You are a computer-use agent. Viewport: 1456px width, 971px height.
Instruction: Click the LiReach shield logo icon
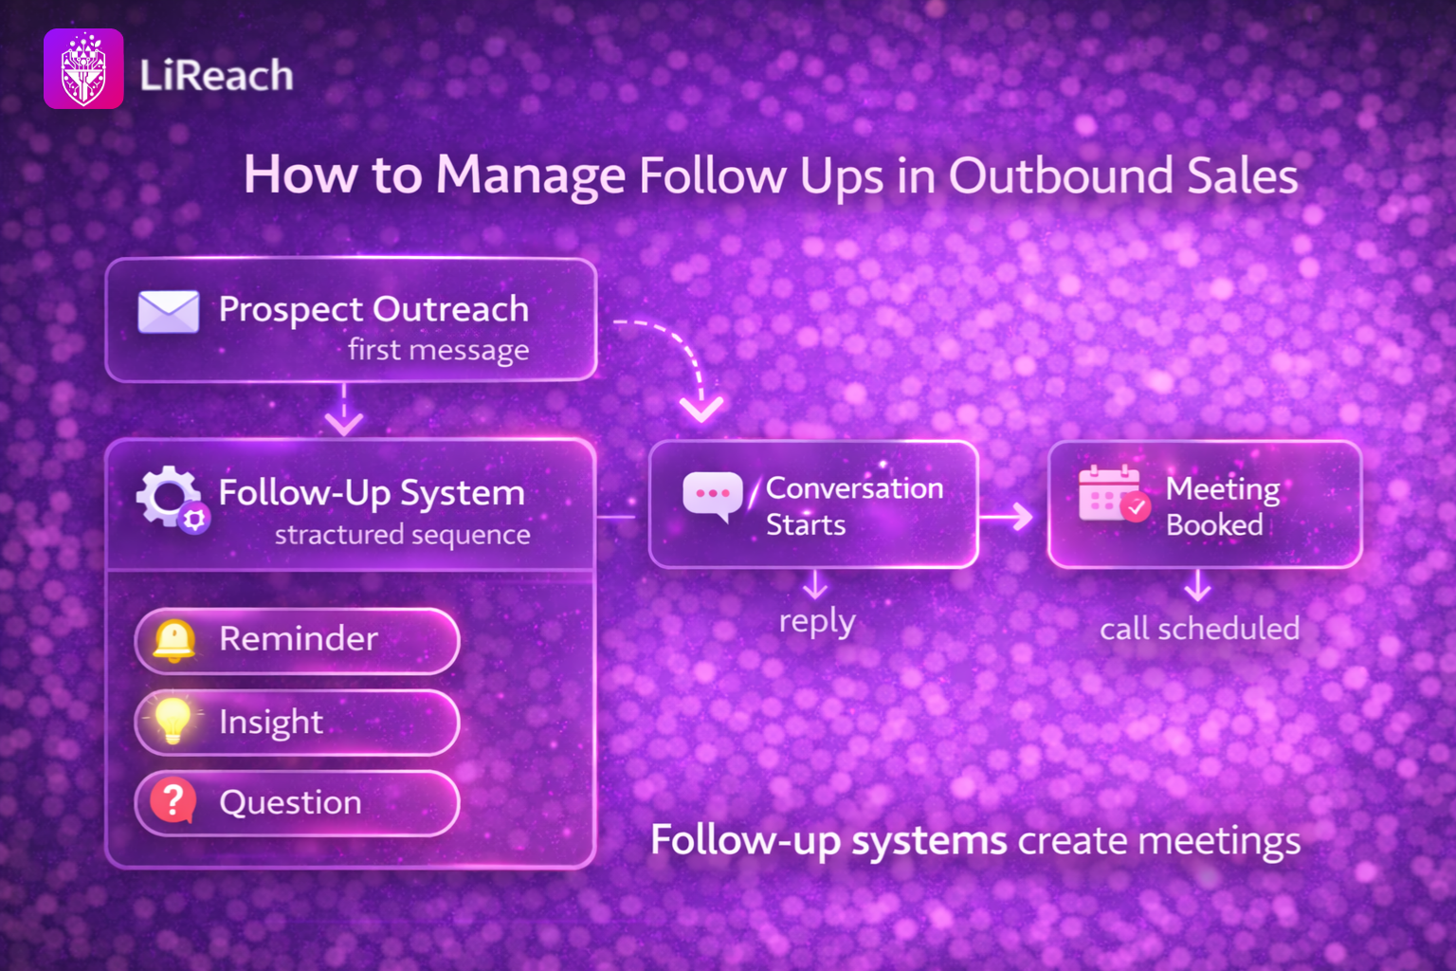(83, 68)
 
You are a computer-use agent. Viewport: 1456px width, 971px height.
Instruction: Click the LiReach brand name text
(216, 75)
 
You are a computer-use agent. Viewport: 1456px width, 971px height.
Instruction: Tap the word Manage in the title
(530, 174)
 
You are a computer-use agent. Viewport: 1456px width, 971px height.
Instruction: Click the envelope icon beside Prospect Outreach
(169, 312)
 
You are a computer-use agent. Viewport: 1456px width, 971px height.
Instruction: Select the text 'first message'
(439, 350)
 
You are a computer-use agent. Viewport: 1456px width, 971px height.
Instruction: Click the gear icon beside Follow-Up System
(172, 500)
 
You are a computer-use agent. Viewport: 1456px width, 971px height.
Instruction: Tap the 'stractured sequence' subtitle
(402, 535)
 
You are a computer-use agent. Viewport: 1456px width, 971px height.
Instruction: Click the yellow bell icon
(173, 641)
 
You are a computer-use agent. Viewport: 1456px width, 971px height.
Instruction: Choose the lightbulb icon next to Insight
(173, 720)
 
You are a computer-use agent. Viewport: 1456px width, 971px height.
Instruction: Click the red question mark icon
(173, 800)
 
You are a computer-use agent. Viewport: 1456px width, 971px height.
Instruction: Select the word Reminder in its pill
(299, 638)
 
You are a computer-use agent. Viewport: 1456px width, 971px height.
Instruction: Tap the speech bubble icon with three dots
(713, 496)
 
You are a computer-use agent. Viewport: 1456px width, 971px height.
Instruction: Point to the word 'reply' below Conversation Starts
(817, 621)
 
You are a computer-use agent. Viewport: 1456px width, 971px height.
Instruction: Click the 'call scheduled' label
(1200, 629)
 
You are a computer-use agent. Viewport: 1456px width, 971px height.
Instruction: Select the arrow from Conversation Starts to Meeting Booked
(1006, 517)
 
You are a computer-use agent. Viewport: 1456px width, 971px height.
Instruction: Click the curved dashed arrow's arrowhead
(701, 410)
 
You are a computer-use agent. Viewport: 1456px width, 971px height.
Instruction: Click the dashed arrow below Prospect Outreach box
(344, 410)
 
